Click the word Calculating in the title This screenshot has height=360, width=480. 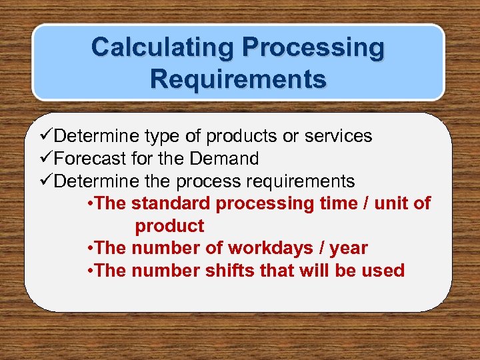(x=163, y=48)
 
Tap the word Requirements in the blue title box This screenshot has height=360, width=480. (x=238, y=78)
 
